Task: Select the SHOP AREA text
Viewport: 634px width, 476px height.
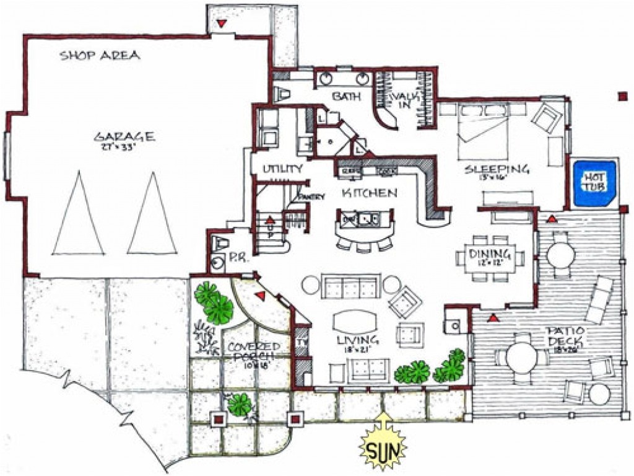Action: (100, 56)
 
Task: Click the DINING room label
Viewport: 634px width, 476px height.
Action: (489, 254)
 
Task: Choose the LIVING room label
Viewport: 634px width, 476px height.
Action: (358, 340)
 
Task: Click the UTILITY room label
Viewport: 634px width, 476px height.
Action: (282, 169)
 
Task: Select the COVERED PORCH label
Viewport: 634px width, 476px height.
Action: (254, 350)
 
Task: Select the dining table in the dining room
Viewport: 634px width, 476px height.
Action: (489, 258)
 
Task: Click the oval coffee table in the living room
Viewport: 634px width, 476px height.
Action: (354, 321)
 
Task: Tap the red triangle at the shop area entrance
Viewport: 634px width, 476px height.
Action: (221, 24)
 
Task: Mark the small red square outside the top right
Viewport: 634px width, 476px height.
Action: (622, 95)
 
